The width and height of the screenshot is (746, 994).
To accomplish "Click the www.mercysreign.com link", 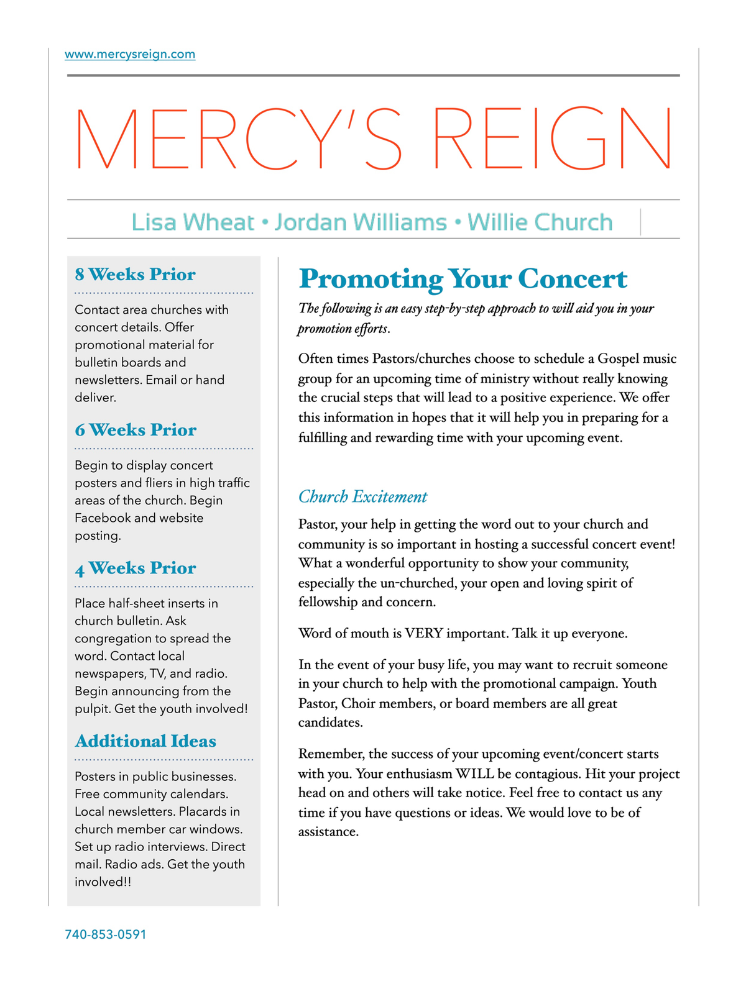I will pos(130,55).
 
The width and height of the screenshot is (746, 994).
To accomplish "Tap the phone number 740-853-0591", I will pos(106,934).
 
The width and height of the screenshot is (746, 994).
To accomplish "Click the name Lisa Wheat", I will pos(193,222).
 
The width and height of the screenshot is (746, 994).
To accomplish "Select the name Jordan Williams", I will pos(361,222).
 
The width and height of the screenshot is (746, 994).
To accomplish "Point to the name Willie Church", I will pos(540,222).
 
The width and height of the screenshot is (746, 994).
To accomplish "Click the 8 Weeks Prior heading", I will pos(135,275).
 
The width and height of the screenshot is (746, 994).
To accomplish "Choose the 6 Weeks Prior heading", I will pos(136,430).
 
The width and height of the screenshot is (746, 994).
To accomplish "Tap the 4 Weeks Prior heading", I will pos(136,568).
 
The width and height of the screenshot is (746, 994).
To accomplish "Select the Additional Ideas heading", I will pos(145,741).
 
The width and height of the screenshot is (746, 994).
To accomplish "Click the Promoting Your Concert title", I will pos(463,279).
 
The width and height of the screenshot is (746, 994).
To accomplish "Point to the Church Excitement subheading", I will pos(362,497).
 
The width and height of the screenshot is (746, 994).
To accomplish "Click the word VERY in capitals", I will pos(423,634).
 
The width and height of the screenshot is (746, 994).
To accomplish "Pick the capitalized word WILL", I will pos(476,774).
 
